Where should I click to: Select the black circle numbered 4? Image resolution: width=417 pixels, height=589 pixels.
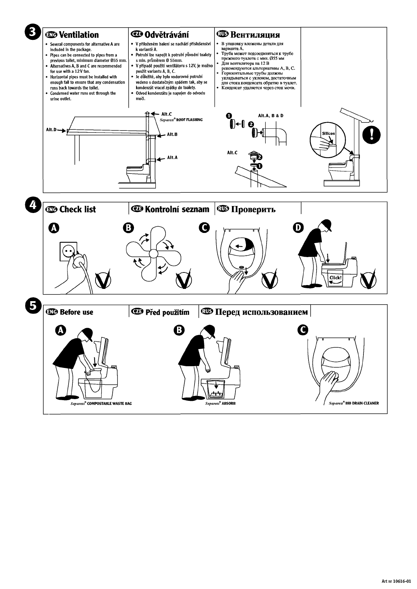point(33,205)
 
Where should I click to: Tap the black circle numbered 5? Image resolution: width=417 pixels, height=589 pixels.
point(33,306)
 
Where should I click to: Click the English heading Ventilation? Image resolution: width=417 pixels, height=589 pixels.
point(79,35)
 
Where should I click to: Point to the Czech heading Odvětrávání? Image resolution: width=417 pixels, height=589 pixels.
point(167,35)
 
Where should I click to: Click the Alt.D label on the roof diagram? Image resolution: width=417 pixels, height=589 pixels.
point(51,130)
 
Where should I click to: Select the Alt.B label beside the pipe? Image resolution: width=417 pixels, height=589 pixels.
point(172,134)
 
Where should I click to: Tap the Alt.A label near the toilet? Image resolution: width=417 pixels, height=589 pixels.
point(172,157)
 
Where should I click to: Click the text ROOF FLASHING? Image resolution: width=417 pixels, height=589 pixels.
point(189,120)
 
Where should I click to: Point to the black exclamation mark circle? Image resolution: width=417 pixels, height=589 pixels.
point(371,135)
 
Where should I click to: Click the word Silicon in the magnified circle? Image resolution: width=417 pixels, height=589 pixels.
point(328,134)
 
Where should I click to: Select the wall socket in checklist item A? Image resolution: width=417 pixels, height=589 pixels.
point(68,251)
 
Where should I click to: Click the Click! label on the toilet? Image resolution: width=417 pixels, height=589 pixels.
point(335,278)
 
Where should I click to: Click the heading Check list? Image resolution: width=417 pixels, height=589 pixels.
point(78,209)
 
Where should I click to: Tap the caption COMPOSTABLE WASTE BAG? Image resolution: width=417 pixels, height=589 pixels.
point(109,403)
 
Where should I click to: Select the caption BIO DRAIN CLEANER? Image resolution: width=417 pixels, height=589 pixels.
point(362,403)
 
